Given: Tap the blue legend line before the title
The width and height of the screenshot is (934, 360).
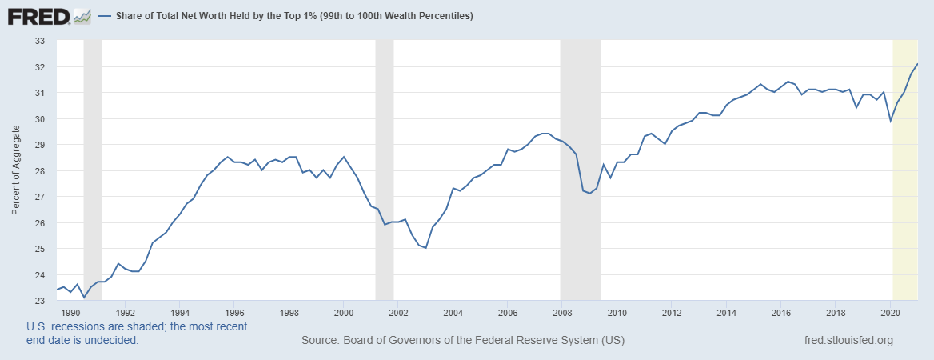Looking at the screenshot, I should tap(105, 16).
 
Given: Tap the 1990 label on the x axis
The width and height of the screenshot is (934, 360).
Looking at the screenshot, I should tap(70, 313).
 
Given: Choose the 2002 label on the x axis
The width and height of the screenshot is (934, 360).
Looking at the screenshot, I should tap(398, 313).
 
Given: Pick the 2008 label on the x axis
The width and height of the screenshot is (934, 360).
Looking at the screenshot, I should tap(562, 313).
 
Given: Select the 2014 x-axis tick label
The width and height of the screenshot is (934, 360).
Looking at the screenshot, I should tap(726, 313).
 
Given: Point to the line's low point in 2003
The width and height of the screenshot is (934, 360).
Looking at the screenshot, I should tap(425, 248).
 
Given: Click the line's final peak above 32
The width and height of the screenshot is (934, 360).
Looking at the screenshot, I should tap(916, 63).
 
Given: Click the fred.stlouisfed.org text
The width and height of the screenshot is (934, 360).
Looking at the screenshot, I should tap(848, 341).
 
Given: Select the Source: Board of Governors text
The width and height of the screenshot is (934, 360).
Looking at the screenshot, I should tap(463, 341).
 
